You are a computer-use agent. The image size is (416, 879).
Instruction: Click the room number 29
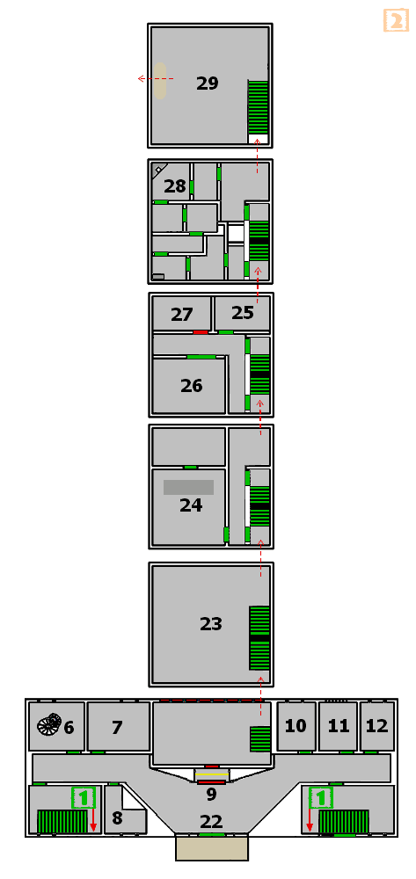[x=207, y=84]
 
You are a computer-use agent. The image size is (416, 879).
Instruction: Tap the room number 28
[x=174, y=186]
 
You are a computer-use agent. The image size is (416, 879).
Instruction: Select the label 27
[x=182, y=315]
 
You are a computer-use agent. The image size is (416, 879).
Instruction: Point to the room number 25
[x=243, y=312]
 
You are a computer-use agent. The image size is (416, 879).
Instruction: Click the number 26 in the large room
[x=191, y=386]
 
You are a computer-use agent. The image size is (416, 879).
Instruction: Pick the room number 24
[x=191, y=505]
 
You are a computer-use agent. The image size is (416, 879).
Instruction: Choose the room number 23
[x=211, y=624]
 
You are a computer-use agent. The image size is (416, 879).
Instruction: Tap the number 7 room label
[x=117, y=728]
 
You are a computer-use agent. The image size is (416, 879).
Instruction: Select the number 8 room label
[x=117, y=817]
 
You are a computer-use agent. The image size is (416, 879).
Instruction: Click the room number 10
[x=296, y=726]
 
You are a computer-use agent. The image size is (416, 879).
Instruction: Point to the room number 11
[x=338, y=727]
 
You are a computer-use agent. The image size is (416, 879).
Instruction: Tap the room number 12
[x=376, y=726]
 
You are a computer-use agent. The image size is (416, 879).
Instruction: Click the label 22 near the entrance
[x=211, y=822]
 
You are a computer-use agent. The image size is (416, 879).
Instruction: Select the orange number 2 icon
[x=397, y=20]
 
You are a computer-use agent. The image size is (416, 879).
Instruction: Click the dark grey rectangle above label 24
[x=188, y=487]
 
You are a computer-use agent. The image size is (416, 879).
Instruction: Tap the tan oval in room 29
[x=160, y=81]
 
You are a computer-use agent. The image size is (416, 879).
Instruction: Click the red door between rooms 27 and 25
[x=201, y=332]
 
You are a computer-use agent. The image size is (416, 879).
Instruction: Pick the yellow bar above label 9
[x=211, y=774]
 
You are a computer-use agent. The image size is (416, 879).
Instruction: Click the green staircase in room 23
[x=259, y=638]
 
